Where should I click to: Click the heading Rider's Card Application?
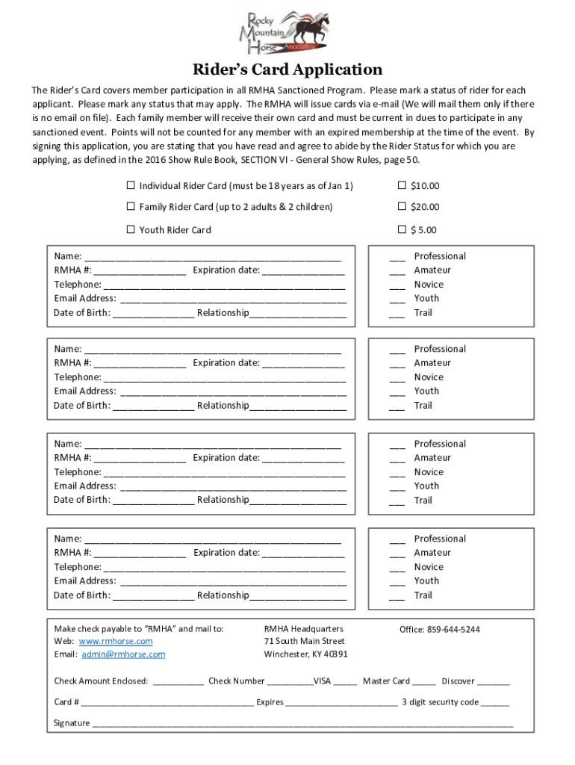click(x=287, y=70)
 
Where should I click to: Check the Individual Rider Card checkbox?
click(x=131, y=185)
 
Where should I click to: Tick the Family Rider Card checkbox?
click(x=131, y=206)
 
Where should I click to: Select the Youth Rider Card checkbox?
click(x=131, y=229)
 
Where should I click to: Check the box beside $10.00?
click(x=402, y=185)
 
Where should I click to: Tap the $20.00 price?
click(x=424, y=207)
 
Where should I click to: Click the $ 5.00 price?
click(x=423, y=230)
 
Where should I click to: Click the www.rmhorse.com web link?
click(x=116, y=641)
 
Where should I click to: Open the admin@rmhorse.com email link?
click(x=123, y=654)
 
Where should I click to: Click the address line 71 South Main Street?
click(x=305, y=641)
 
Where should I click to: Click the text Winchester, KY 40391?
click(x=306, y=654)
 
